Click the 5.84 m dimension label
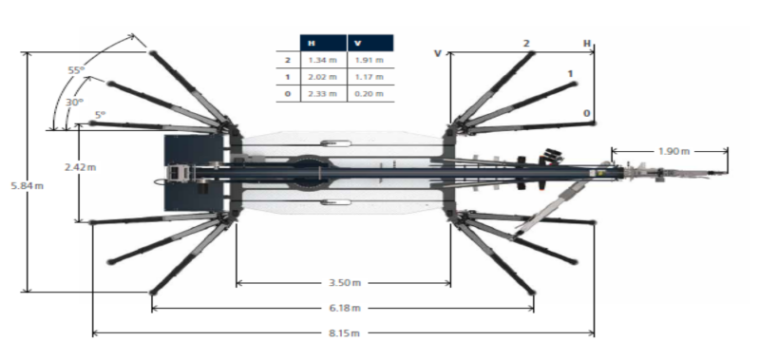pyautogui.click(x=28, y=185)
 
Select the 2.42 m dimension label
pyautogui.click(x=81, y=167)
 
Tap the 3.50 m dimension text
pyautogui.click(x=345, y=282)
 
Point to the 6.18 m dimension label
pyautogui.click(x=345, y=308)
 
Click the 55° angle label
pyautogui.click(x=76, y=70)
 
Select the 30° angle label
pyautogui.click(x=74, y=103)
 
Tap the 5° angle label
pyautogui.click(x=100, y=115)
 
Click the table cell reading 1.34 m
pyautogui.click(x=323, y=60)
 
